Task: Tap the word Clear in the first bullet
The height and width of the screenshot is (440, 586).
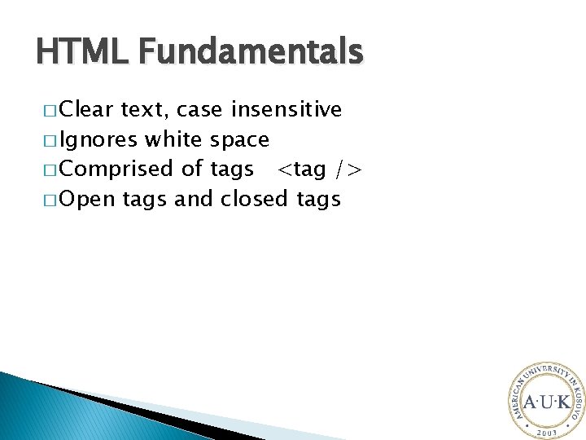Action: click(x=87, y=110)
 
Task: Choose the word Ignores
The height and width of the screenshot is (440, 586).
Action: click(x=98, y=140)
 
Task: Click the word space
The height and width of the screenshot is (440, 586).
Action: click(x=239, y=140)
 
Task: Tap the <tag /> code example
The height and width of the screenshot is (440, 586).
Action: click(x=318, y=169)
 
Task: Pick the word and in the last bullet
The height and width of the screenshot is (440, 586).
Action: click(x=193, y=199)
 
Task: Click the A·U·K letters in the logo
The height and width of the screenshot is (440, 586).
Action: click(x=546, y=402)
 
